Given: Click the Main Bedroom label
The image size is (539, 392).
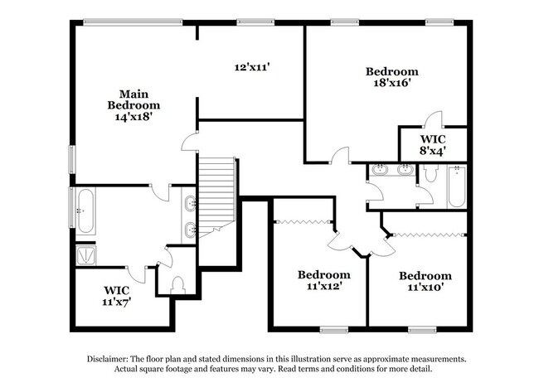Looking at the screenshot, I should point(134,105).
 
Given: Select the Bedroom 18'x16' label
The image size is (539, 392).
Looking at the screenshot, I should point(391,77).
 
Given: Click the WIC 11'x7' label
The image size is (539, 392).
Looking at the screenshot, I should point(117,296).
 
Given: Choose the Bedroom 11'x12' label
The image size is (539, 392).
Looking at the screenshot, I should point(323,279).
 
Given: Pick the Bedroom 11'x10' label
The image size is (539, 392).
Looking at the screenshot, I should point(425,281).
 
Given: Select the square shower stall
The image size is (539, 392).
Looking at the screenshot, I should point(86,255).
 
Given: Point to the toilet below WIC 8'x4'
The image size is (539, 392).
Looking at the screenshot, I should point(430,175).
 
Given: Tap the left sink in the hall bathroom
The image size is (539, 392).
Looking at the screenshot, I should point(380,171).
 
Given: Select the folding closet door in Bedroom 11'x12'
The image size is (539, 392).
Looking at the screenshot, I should point(303,220).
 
